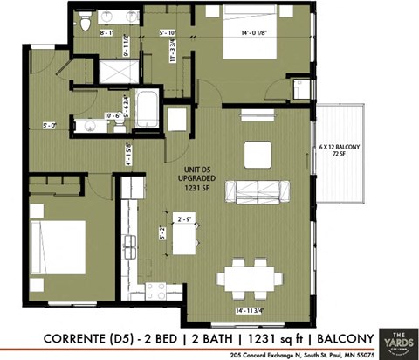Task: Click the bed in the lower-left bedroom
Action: [56, 247]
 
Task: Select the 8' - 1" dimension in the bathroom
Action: [107, 33]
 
